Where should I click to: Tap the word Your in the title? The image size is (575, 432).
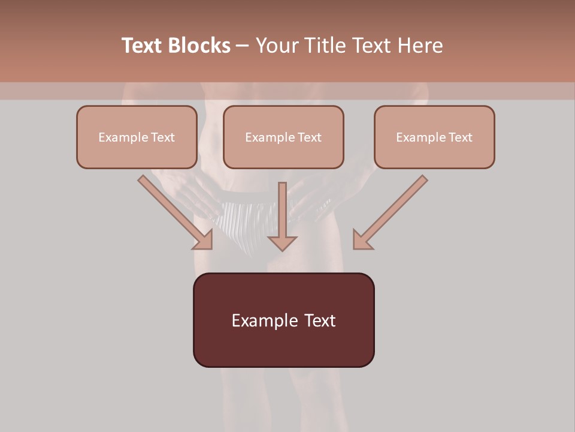coord(278,46)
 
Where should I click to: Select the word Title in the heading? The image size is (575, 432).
coord(327,46)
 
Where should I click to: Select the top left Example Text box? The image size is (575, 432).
coord(137,137)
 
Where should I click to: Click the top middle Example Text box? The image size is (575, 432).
coord(283,137)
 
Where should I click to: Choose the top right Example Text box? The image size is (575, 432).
coord(434,137)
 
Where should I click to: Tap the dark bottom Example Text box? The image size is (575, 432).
coord(283,320)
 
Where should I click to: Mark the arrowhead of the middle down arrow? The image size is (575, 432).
coord(282,242)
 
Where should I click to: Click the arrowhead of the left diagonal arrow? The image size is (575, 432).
coord(204,240)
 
